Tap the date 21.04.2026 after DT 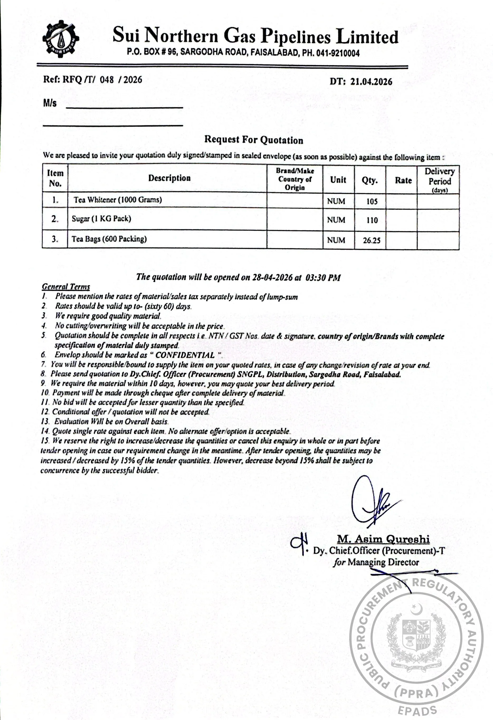pyautogui.click(x=371, y=82)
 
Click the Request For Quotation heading pyautogui.click(x=253, y=140)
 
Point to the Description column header pyautogui.click(x=169, y=178)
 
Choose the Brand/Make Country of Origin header pyautogui.click(x=295, y=179)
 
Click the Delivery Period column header pyautogui.click(x=439, y=180)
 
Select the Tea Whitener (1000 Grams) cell pyautogui.click(x=117, y=200)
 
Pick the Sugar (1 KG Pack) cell pyautogui.click(x=101, y=219)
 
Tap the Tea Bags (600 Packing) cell pyautogui.click(x=109, y=239)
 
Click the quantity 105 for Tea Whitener pyautogui.click(x=372, y=201)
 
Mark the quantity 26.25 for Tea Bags pyautogui.click(x=372, y=240)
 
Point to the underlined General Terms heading pyautogui.click(x=66, y=287)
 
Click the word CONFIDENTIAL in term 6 pyautogui.click(x=185, y=355)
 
